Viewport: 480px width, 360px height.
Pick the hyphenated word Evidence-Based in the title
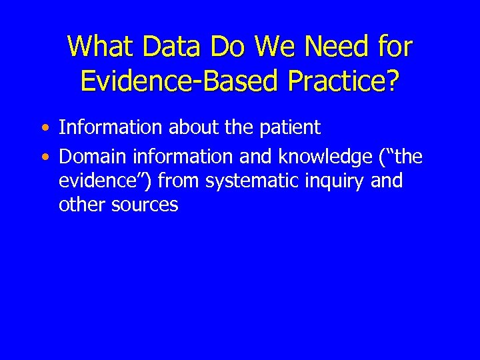(x=171, y=81)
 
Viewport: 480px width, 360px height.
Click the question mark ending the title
(x=393, y=81)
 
